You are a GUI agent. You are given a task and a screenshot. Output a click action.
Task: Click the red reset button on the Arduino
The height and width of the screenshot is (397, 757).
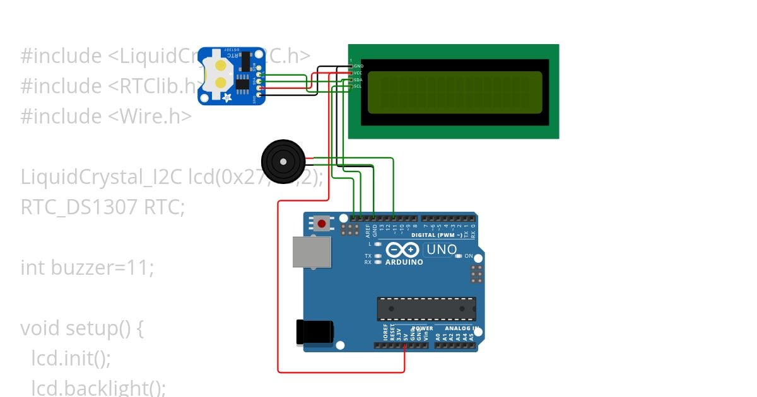[322, 223]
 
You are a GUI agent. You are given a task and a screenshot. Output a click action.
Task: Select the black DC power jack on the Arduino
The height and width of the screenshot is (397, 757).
[314, 332]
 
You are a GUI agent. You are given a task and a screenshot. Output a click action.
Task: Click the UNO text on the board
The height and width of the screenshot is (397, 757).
[442, 250]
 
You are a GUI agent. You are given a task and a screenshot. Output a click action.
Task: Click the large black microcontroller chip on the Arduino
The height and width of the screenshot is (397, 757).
[426, 308]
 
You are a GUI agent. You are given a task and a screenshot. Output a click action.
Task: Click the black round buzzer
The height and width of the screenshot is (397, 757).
[283, 161]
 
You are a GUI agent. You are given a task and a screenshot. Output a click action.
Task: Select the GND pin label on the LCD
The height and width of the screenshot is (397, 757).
[358, 66]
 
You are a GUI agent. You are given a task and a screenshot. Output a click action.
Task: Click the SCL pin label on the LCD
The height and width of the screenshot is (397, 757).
[358, 86]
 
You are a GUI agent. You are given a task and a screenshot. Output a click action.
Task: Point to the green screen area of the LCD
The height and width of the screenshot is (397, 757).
[454, 92]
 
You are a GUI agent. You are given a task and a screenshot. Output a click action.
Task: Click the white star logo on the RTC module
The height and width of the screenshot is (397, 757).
[227, 96]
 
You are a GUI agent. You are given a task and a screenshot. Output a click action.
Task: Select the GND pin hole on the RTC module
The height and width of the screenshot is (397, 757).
[259, 95]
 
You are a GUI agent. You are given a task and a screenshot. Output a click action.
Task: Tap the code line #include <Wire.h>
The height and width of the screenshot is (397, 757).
[106, 116]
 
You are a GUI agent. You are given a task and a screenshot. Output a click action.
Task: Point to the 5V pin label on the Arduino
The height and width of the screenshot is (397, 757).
[406, 335]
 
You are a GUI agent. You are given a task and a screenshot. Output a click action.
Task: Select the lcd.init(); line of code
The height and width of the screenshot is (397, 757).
[71, 359]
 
